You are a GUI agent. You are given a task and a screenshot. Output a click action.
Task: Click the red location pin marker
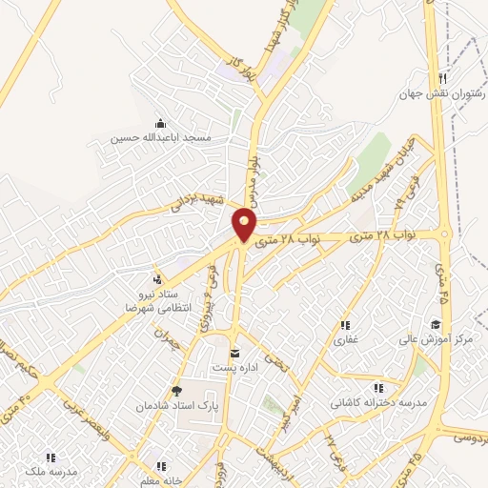click(245, 225)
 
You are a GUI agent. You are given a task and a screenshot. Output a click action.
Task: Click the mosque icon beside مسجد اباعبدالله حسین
click(159, 123)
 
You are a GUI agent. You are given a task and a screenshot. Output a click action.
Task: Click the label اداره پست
click(234, 369)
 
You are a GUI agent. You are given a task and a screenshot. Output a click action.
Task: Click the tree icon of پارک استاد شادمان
click(175, 390)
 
